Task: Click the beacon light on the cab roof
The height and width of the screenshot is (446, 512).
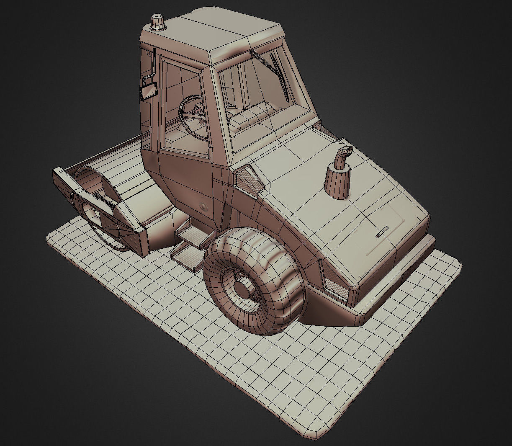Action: click(x=158, y=23)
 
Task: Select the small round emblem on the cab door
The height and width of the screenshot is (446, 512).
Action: click(x=203, y=206)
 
